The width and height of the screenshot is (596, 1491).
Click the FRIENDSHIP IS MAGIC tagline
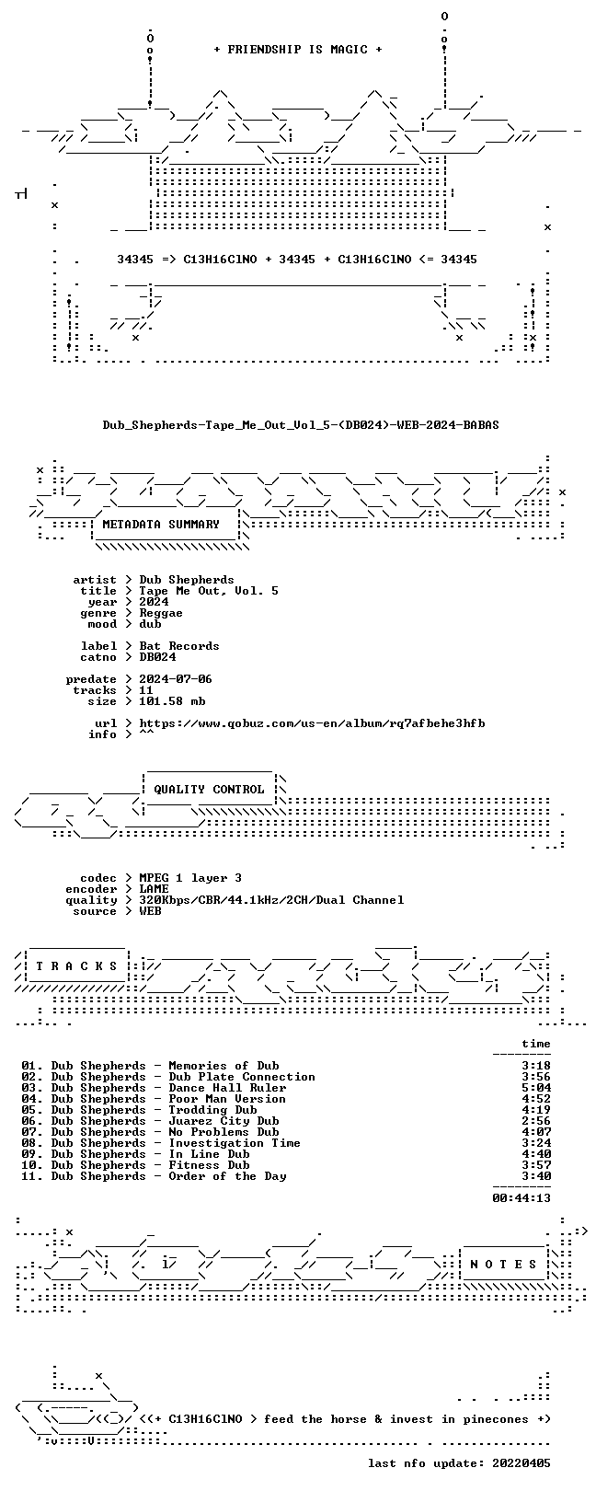click(x=298, y=50)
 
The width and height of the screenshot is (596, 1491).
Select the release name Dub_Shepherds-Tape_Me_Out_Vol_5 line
click(x=301, y=424)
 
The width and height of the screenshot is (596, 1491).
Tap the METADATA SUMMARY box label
click(x=161, y=525)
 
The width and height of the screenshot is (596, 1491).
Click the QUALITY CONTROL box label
click(x=209, y=790)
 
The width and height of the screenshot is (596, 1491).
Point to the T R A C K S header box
click(x=76, y=966)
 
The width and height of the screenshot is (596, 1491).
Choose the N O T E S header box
click(x=503, y=1264)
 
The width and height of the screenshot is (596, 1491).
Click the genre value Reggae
click(x=161, y=613)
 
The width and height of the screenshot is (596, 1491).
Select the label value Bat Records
click(x=179, y=646)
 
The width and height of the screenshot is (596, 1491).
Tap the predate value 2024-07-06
click(x=176, y=679)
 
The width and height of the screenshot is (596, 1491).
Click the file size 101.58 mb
click(x=172, y=701)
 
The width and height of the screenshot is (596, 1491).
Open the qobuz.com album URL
click(x=312, y=723)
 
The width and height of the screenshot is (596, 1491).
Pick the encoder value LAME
click(x=154, y=889)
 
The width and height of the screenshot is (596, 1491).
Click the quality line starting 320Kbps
click(x=271, y=900)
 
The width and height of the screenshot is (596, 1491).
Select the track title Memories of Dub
click(x=223, y=1066)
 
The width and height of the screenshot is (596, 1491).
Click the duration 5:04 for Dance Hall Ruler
click(x=536, y=1088)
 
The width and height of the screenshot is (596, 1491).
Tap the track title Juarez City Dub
click(x=223, y=1121)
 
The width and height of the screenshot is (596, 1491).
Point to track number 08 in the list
click(x=30, y=1143)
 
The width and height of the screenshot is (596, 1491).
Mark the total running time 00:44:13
click(x=521, y=1198)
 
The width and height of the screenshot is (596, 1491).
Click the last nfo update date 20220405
click(x=521, y=1463)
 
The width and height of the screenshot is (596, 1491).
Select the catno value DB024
click(x=157, y=657)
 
